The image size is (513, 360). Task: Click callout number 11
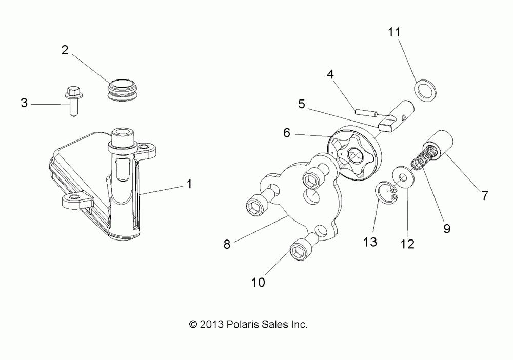coord(393,32)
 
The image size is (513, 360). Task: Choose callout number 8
coord(227,244)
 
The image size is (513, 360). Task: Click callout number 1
coord(189,184)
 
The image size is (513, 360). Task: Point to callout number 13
coord(370,242)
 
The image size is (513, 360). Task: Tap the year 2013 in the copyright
coord(210,325)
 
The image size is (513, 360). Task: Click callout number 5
coord(301,104)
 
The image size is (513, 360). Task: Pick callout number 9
coord(446,228)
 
